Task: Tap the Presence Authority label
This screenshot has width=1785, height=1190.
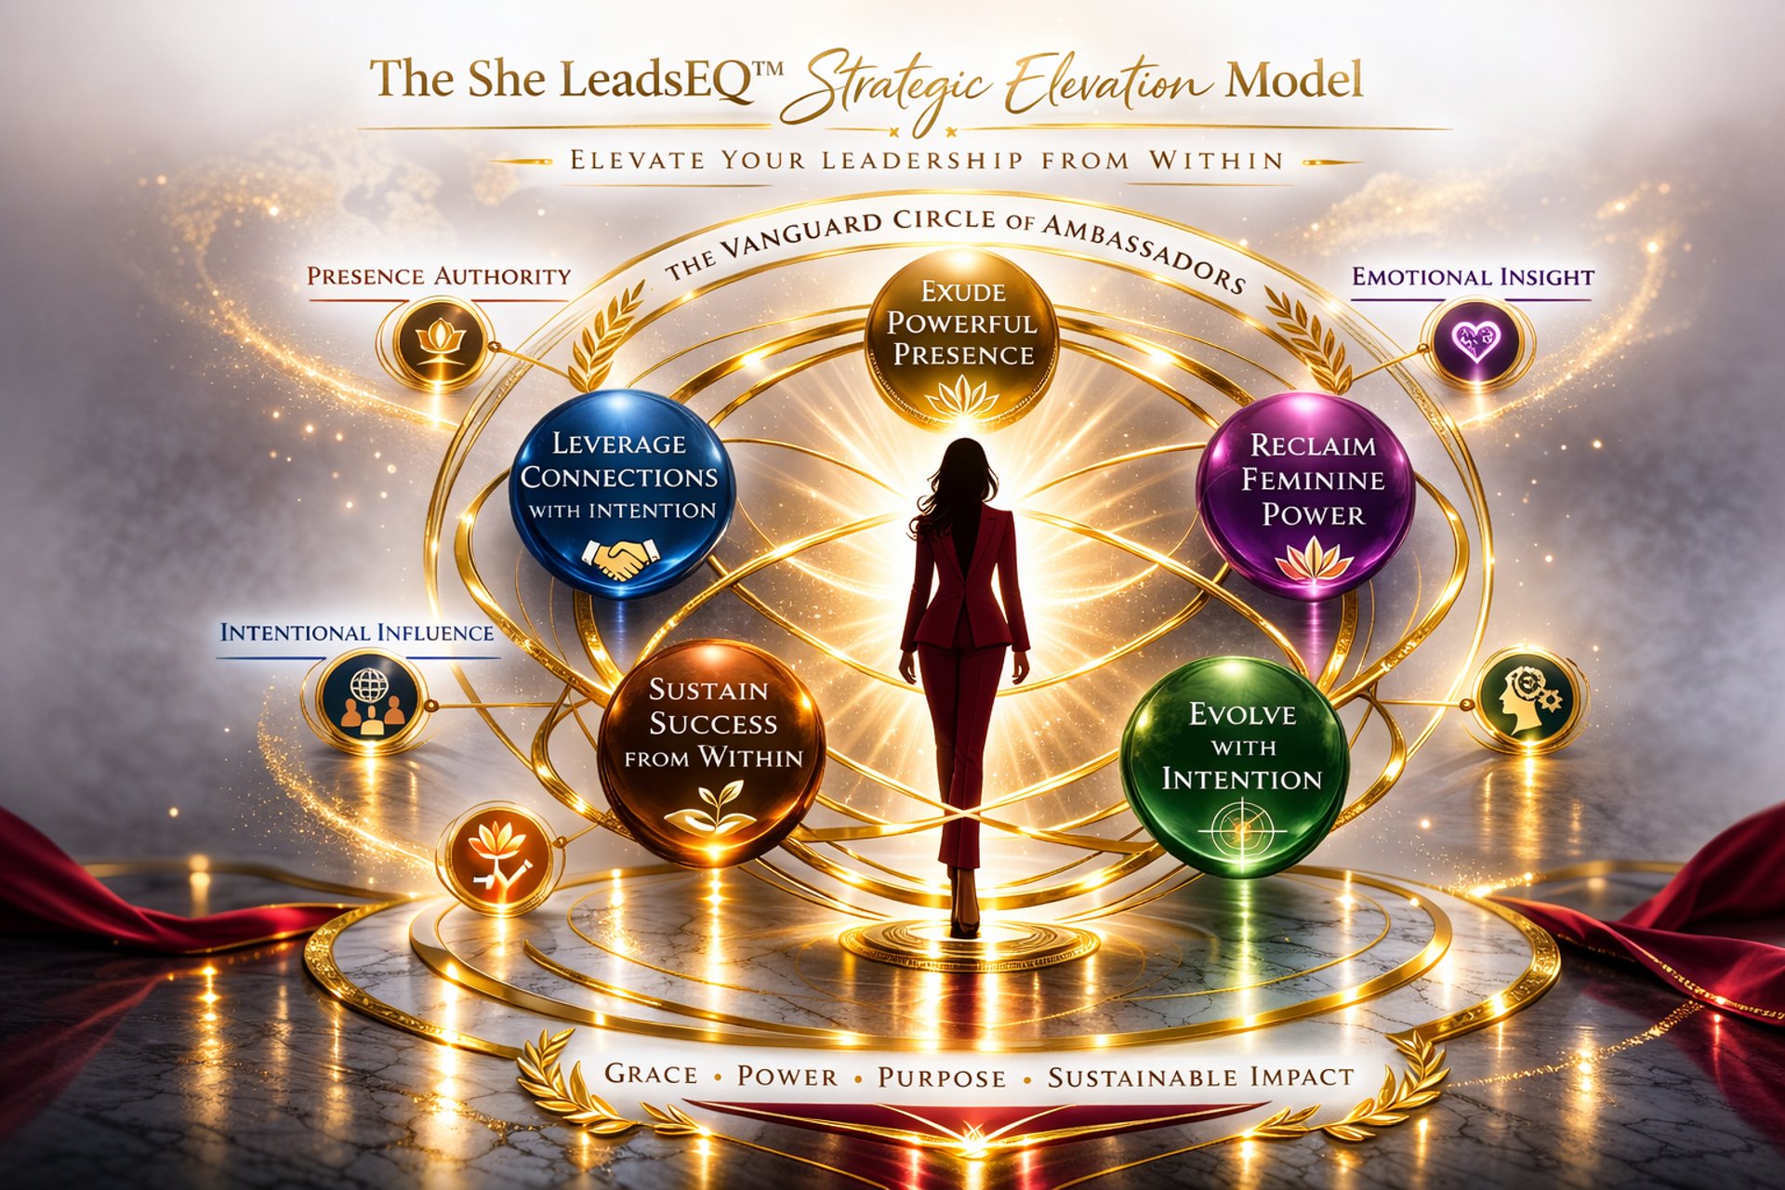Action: (439, 277)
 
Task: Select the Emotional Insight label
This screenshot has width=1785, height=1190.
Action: (1473, 277)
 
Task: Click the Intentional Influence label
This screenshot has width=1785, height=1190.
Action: (357, 633)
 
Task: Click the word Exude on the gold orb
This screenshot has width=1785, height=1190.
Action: (963, 293)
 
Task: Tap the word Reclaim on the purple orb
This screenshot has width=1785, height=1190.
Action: (1313, 445)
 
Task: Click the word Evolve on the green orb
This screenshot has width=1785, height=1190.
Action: (1242, 714)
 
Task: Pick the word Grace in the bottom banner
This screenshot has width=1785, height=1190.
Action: (651, 1075)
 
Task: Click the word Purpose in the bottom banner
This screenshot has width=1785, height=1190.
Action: (942, 1078)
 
